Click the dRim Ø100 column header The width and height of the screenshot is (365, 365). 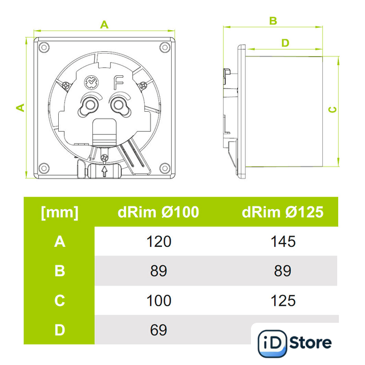[159, 212]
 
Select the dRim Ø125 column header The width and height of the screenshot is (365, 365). [283, 212]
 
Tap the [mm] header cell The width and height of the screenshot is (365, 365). [59, 213]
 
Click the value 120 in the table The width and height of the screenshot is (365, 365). [159, 242]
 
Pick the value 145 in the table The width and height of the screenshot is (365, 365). [283, 242]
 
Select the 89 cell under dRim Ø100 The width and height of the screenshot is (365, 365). [159, 271]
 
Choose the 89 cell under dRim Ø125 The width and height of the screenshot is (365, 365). [283, 271]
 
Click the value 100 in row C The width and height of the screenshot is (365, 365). [159, 301]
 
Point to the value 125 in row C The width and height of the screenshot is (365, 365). [283, 301]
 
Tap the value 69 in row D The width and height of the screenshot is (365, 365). [159, 330]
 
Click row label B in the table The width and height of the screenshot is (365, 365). [59, 271]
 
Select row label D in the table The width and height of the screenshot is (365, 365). [59, 330]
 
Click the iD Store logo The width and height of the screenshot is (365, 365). [294, 342]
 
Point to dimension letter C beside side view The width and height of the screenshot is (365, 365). [334, 109]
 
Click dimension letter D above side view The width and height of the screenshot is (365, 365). [285, 43]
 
